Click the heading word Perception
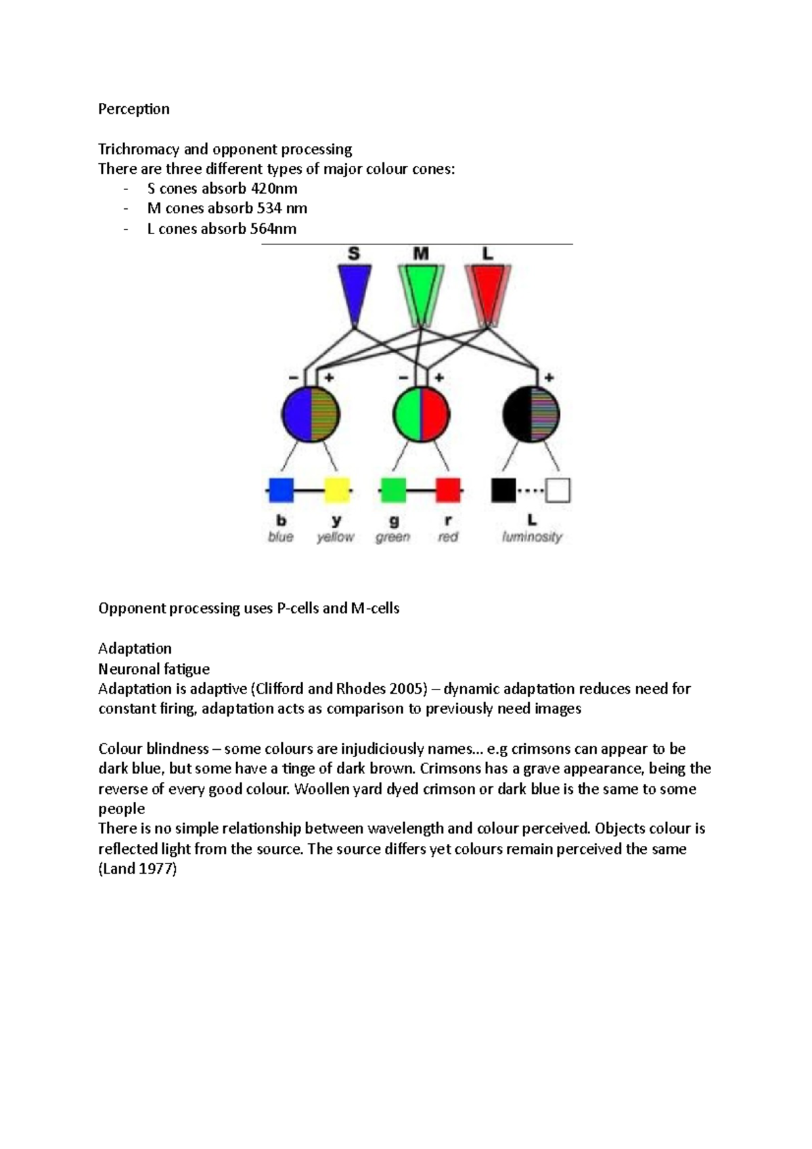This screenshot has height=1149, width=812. pos(133,109)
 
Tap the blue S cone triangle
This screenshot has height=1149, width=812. pos(355,290)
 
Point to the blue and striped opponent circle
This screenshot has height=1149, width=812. pos(311,413)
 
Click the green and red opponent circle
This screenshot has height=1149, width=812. pos(421,413)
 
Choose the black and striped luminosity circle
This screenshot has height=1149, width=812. pos(531,413)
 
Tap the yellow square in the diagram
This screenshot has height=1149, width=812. pos(337,490)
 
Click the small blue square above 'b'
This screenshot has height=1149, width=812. pos(281,490)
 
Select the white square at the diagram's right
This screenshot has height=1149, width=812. pos(558,490)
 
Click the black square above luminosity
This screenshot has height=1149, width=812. pos(503,490)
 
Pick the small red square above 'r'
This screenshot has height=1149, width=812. pos(448,490)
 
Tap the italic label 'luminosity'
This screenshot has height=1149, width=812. pos(532,537)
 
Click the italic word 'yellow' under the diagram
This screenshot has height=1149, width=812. pos(336,537)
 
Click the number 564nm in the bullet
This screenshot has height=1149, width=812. pos(273,229)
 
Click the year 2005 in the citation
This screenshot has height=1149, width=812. pos(405,689)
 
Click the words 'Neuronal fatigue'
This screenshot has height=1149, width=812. pos(154,669)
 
